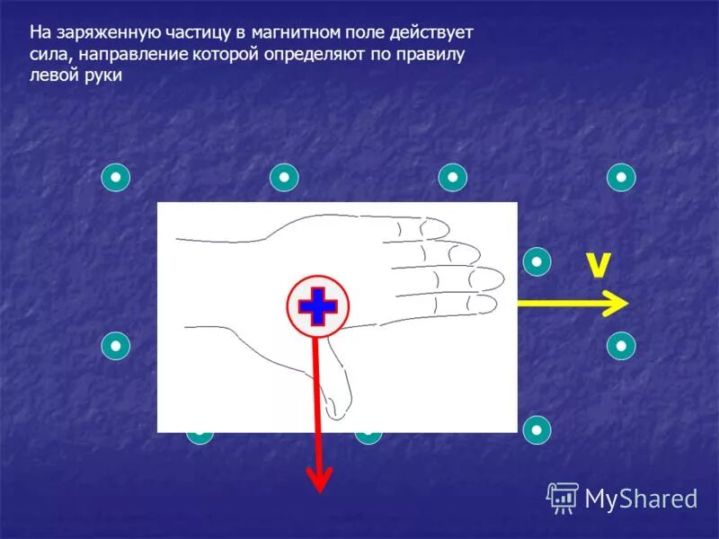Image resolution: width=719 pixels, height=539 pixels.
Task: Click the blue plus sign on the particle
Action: pos(316,306)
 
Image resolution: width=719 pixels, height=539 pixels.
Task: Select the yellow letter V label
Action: pos(598,265)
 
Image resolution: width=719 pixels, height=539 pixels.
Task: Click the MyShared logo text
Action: pos(642,498)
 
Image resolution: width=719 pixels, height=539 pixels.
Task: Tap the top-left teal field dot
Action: pos(116,177)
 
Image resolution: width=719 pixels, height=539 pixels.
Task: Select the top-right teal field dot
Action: pos(621,177)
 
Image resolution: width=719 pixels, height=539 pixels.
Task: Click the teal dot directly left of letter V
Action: pos(537,261)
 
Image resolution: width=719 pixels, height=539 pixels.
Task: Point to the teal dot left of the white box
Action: pos(116,345)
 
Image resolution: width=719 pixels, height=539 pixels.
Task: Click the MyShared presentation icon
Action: pos(563,497)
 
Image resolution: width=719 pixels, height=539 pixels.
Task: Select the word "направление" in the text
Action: pos(125,55)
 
